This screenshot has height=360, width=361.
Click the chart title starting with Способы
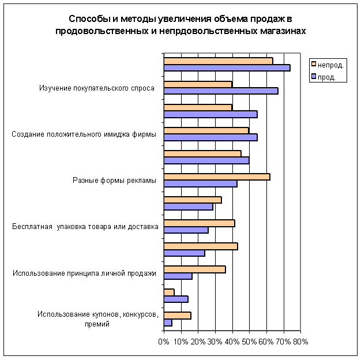[180, 25]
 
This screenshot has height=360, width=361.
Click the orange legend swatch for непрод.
[313, 65]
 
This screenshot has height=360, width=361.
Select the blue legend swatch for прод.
[313, 77]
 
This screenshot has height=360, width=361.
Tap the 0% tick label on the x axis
[164, 342]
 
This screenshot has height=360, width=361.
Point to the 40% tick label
[232, 342]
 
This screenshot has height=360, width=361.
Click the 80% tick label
[300, 342]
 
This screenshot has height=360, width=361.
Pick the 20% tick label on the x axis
[198, 342]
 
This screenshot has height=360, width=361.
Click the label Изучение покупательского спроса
[97, 88]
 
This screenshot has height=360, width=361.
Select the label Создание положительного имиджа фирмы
[84, 134]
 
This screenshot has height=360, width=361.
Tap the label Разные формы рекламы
[114, 181]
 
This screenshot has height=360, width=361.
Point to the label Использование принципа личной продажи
[85, 273]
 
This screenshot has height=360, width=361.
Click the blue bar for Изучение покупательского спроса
[221, 91]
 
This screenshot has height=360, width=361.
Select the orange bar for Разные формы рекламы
[217, 177]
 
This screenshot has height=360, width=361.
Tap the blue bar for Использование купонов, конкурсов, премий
[168, 322]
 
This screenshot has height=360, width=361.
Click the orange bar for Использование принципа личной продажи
[194, 269]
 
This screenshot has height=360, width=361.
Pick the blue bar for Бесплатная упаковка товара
[186, 230]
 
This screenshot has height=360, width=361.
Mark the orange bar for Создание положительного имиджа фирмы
[206, 130]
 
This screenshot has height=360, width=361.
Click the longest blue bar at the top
[227, 67]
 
